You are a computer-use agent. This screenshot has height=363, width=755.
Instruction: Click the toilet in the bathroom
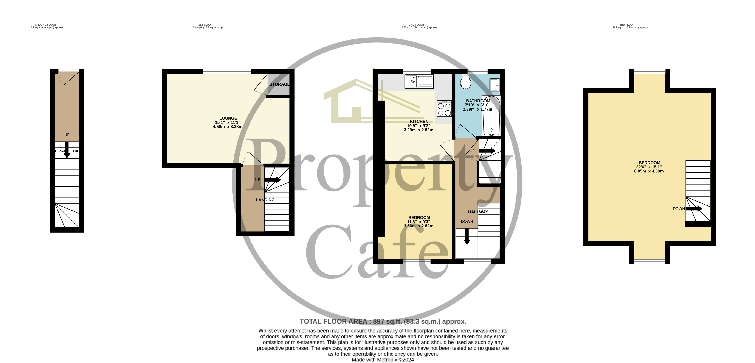point(465,81)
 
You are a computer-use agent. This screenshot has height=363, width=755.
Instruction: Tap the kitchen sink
point(419,81)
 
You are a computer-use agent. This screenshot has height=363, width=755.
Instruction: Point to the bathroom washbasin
point(495,84)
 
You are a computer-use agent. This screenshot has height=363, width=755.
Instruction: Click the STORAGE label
point(279,84)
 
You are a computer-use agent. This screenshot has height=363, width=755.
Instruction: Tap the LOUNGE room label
point(228,118)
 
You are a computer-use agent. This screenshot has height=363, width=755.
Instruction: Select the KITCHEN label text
point(419,122)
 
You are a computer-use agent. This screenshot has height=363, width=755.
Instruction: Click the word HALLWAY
point(478,212)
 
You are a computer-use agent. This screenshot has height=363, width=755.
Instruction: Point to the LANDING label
point(265,200)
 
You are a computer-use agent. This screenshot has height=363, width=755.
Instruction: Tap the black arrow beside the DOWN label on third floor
point(694,209)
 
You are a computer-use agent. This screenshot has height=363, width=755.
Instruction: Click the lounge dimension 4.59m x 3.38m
point(227,127)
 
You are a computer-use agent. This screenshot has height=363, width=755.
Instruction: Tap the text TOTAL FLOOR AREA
point(333,322)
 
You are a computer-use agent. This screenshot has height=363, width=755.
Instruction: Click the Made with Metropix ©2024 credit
point(383,360)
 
